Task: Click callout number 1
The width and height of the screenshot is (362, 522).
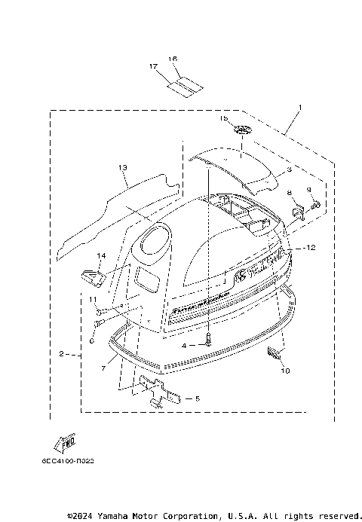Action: tap(301, 108)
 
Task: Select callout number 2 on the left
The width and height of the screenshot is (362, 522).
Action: tap(61, 353)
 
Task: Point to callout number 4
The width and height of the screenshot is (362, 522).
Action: tap(183, 345)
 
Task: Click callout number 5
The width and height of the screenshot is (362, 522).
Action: tap(198, 398)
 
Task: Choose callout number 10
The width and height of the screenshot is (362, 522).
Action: tap(285, 370)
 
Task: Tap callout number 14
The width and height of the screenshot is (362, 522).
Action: tap(101, 256)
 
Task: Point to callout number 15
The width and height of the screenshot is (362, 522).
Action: tap(222, 119)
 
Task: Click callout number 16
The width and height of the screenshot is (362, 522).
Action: tap(173, 59)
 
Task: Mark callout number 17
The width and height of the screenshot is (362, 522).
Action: tap(154, 66)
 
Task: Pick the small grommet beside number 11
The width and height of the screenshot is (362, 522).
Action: tap(98, 310)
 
